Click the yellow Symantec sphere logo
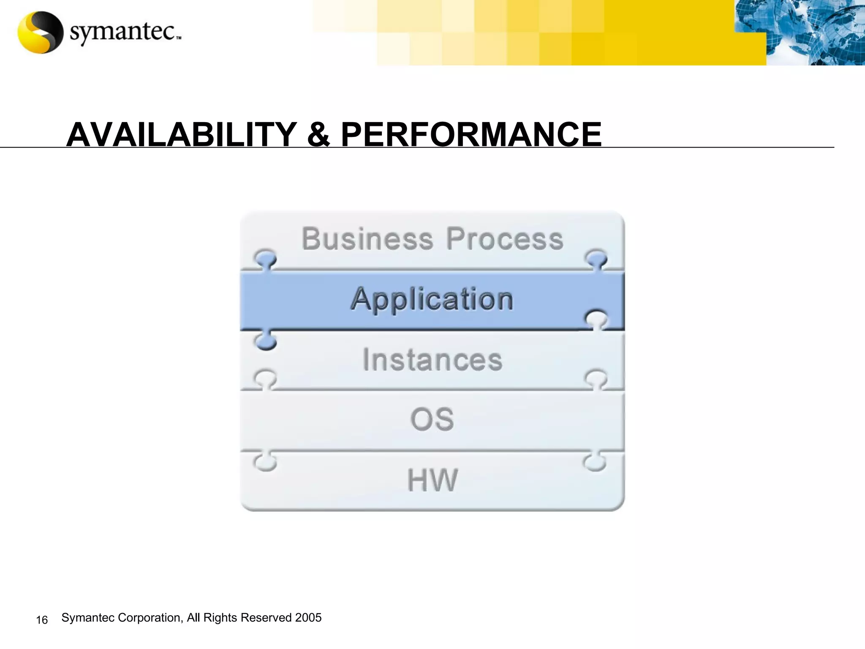click(40, 33)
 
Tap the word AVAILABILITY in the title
click(182, 134)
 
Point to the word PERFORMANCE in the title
click(471, 134)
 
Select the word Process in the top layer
click(505, 239)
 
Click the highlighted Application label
click(432, 299)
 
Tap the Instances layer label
click(432, 360)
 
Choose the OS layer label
click(432, 420)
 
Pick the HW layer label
click(432, 480)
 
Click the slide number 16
click(42, 620)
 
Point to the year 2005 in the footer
click(308, 617)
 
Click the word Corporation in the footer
click(150, 617)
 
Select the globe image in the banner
click(815, 33)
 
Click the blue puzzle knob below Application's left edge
click(265, 341)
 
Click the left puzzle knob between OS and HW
click(265, 462)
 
